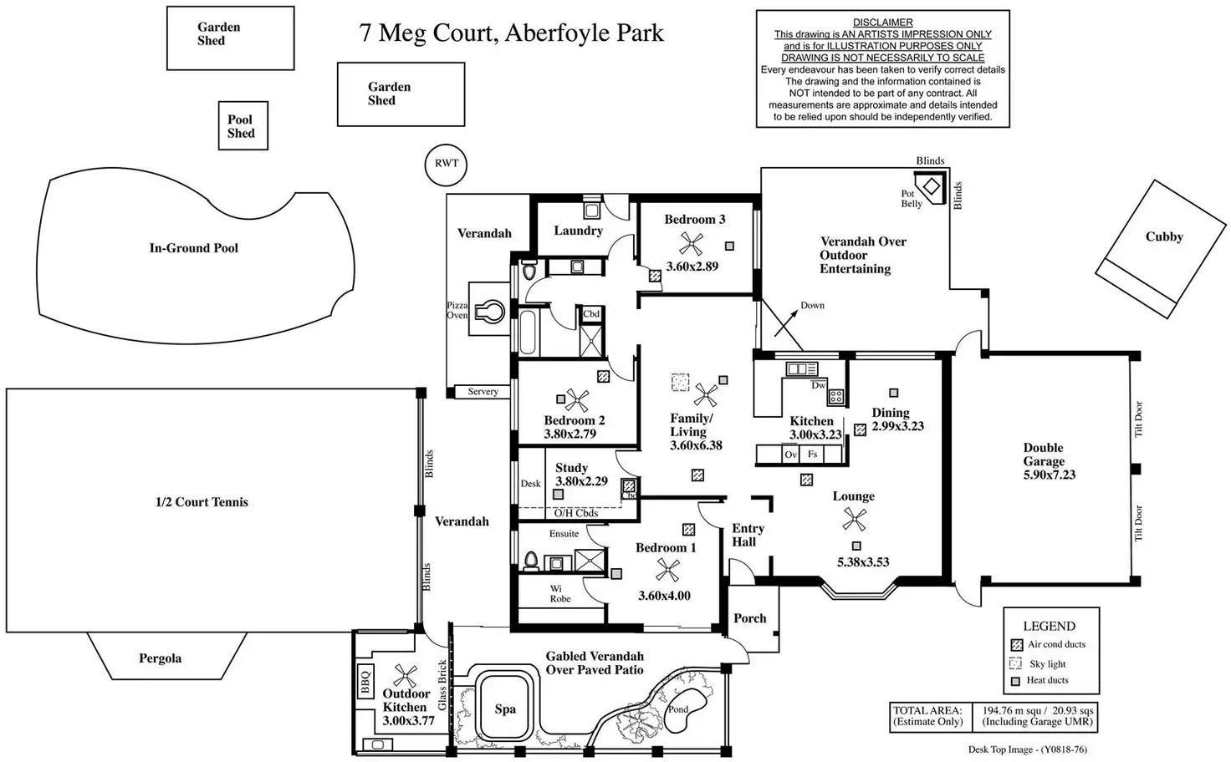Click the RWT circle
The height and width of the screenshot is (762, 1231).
tap(446, 163)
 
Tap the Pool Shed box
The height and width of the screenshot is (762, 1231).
tap(242, 126)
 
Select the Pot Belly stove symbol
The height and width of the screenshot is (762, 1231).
tap(930, 185)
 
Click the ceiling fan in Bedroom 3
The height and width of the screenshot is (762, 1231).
tap(691, 244)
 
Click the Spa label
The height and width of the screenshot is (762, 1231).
tap(505, 709)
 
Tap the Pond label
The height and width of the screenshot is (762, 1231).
tap(677, 709)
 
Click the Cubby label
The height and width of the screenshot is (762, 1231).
tap(1164, 236)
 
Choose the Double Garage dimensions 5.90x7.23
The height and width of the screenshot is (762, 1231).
tap(1050, 475)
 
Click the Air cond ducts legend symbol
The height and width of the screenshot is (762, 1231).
tap(1016, 645)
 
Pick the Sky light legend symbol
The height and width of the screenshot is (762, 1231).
tap(1016, 663)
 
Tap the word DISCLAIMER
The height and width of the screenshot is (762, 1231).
tap(882, 23)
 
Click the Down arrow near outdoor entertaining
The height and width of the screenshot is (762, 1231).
tap(786, 322)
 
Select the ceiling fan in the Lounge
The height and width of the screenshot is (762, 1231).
tap(854, 521)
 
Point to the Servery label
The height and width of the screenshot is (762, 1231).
tap(483, 391)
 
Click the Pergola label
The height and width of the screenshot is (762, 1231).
tap(160, 658)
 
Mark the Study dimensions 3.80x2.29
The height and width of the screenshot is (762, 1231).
tap(581, 481)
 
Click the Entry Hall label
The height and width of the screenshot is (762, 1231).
tap(747, 535)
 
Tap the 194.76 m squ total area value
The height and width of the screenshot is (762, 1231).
tap(1012, 710)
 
